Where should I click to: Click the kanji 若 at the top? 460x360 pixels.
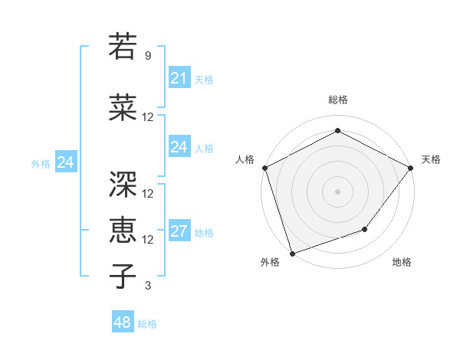[x=123, y=47]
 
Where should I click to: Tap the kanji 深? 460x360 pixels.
[x=123, y=184]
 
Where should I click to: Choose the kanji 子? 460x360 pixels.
[x=123, y=276]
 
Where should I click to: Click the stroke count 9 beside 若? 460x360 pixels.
[x=148, y=56]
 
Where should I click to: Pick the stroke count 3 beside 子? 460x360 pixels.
[x=148, y=286]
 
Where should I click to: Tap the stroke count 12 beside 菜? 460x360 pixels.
[x=148, y=117]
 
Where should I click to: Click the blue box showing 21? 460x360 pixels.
[x=179, y=78]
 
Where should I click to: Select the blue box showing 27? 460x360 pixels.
[x=179, y=231]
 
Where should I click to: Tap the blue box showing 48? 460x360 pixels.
[x=122, y=322]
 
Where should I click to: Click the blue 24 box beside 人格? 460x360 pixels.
[x=179, y=147]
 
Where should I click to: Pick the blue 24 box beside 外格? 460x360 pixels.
[x=66, y=162]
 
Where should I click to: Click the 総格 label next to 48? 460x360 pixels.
[x=147, y=324]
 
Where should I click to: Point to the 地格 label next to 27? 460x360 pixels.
[x=204, y=233]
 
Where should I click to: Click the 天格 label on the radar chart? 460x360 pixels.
[x=431, y=159]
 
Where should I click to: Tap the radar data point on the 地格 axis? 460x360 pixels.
[x=365, y=229]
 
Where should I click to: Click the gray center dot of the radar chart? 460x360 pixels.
[x=337, y=191]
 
